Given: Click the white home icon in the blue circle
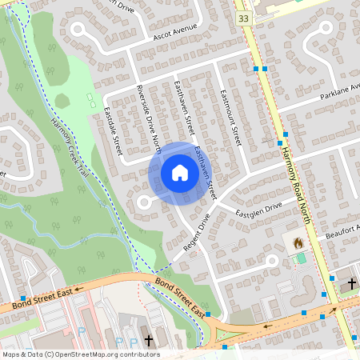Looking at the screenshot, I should pos(179,173).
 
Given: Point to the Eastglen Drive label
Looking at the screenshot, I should pos(260,208).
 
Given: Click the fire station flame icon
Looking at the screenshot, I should pos(298,242).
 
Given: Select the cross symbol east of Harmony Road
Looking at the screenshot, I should pos(350,284).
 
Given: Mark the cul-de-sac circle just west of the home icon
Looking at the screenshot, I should pos(145,203).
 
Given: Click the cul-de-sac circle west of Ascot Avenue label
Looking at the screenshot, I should pos(78,30).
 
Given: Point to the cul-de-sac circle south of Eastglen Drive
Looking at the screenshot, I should pos(271,261).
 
